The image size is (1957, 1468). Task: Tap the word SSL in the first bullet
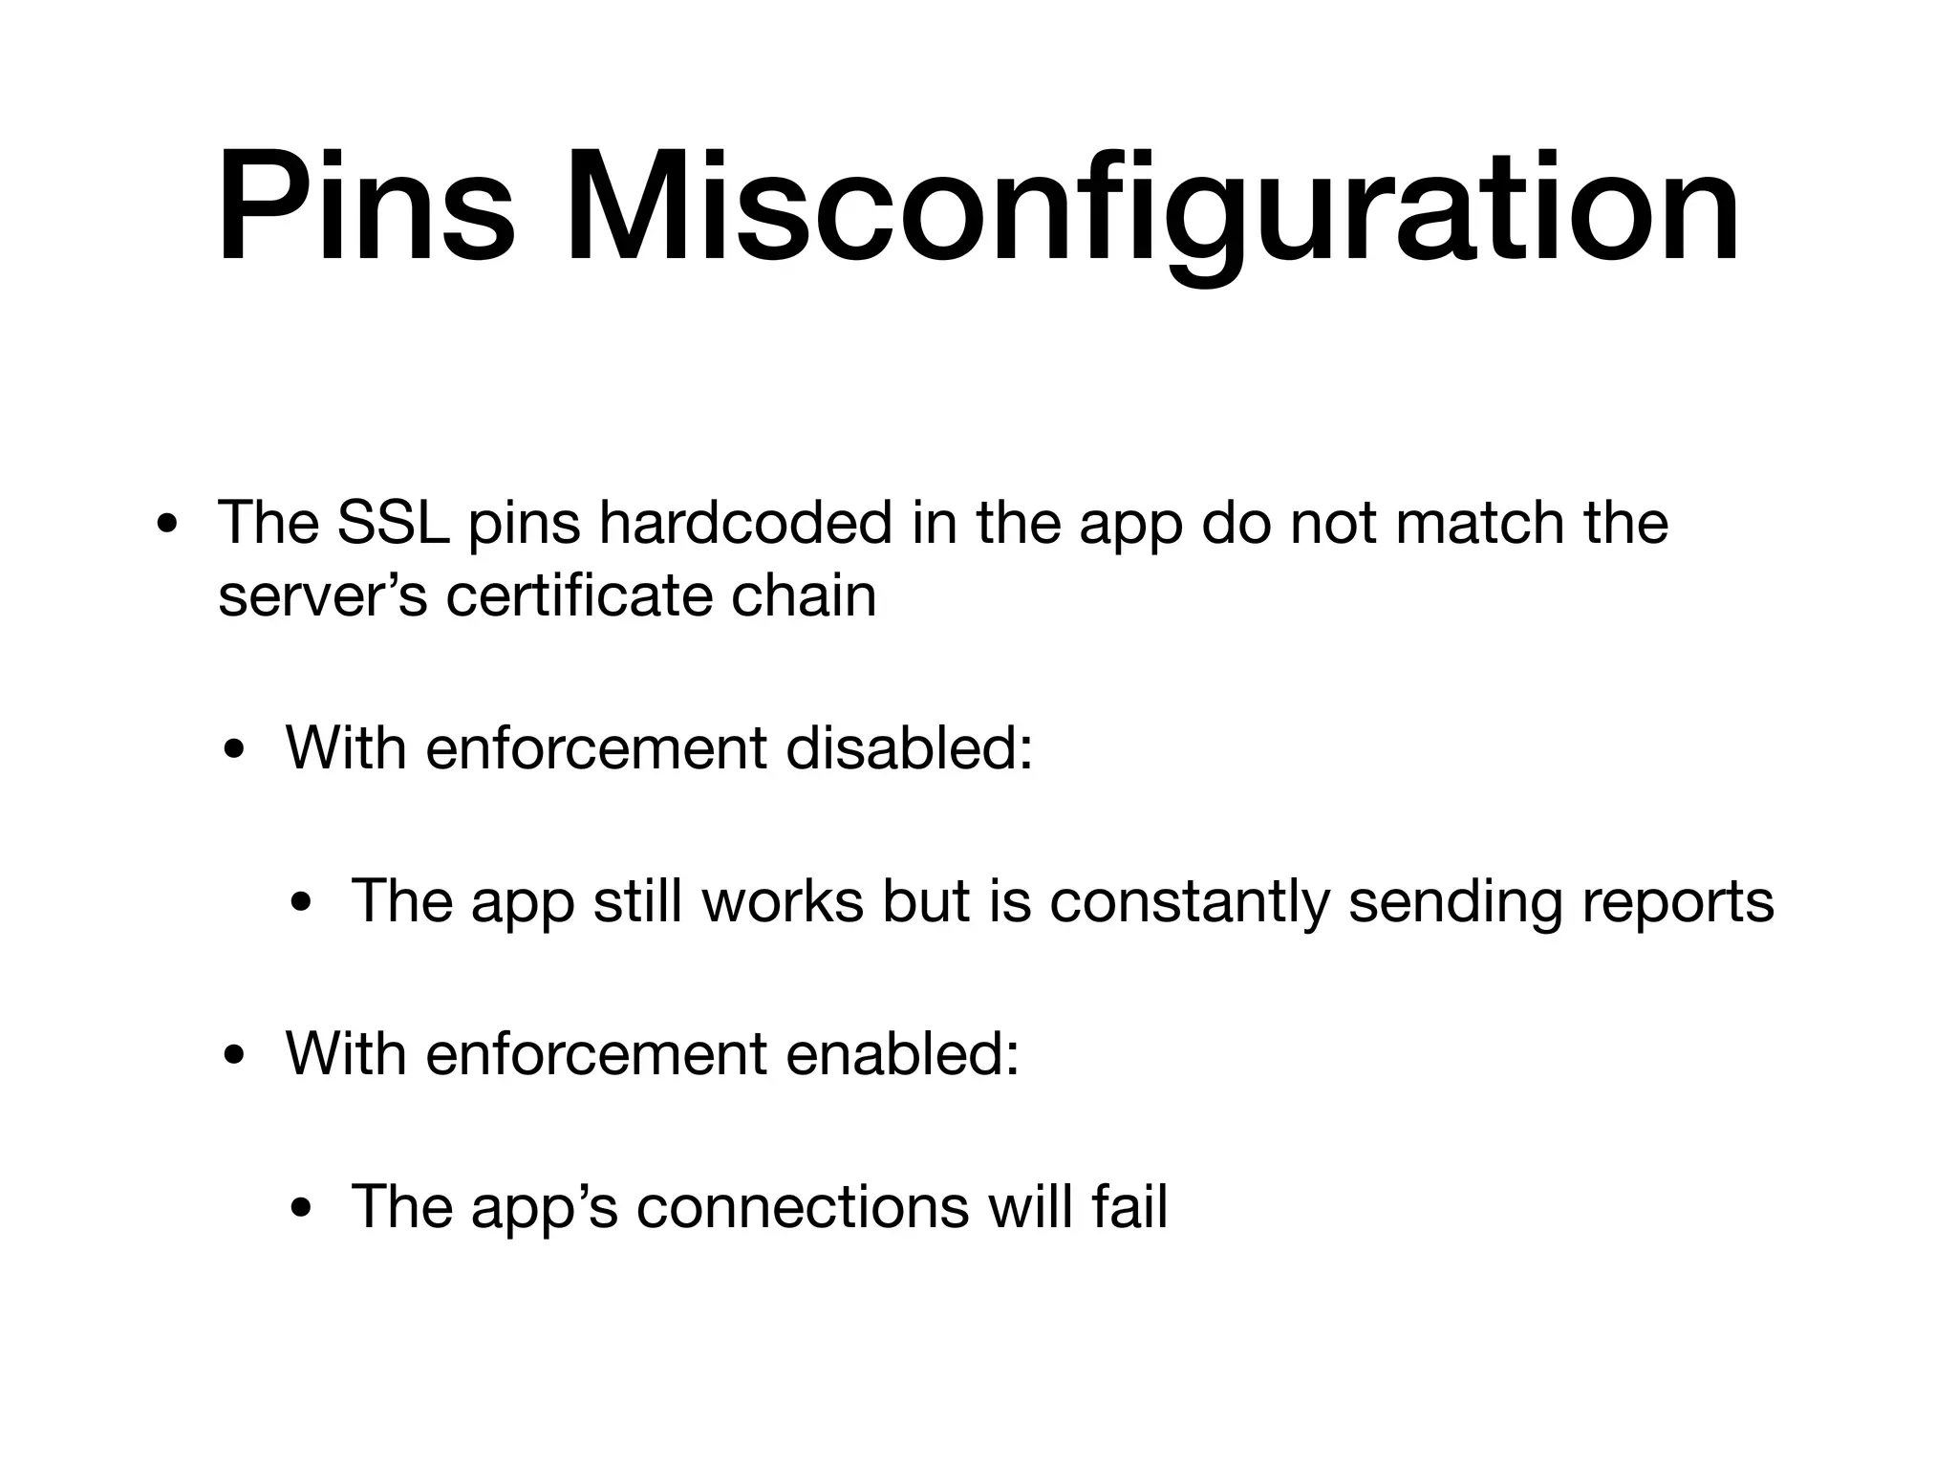click(393, 523)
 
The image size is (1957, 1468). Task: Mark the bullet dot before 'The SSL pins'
click(168, 525)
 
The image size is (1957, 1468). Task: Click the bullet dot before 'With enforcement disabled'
click(235, 750)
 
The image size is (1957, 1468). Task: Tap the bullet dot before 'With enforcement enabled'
click(235, 1057)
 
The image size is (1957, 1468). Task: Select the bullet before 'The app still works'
click(302, 904)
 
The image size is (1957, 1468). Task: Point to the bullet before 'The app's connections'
click(302, 1210)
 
